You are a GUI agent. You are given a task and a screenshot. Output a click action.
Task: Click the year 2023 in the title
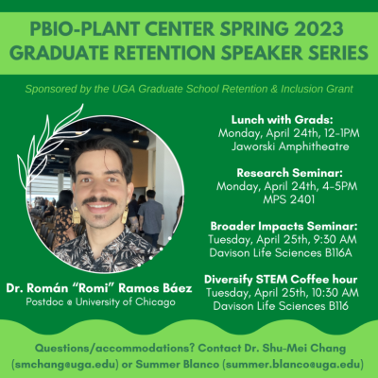(316, 28)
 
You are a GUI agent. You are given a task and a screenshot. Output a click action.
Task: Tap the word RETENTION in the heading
(163, 52)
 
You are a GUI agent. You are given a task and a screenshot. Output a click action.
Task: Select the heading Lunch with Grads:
(282, 120)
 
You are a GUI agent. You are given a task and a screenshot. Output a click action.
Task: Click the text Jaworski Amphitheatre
(290, 146)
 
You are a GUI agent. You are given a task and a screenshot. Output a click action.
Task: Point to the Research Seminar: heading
(289, 173)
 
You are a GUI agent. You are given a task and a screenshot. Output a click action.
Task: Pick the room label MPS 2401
(289, 199)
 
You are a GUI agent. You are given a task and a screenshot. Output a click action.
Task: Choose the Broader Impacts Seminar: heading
(284, 226)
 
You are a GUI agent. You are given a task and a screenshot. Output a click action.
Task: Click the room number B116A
(338, 252)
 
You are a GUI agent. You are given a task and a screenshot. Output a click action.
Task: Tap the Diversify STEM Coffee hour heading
(281, 279)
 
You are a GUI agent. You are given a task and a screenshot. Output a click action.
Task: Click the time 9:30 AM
(335, 239)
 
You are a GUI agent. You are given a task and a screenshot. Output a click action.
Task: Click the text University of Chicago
(126, 302)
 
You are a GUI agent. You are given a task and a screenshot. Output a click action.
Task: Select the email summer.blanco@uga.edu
(293, 365)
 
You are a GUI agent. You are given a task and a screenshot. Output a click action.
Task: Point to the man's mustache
(100, 200)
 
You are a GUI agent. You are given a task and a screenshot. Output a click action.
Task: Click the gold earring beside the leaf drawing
(77, 215)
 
